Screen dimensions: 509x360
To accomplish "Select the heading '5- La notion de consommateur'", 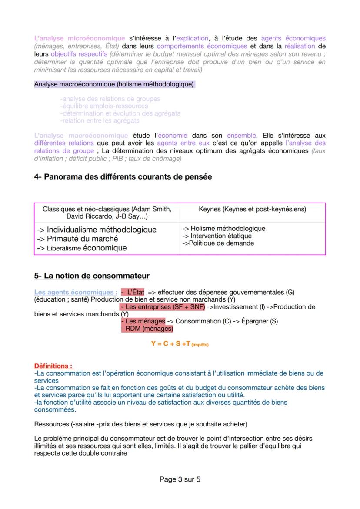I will coord(92,276).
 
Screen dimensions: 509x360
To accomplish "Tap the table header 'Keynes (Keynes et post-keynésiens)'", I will coord(252,209).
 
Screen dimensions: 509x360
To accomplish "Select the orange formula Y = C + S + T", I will coord(180,343).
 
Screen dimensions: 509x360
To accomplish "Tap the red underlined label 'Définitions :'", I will coord(53,366).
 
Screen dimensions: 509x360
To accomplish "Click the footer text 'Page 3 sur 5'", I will coord(180,480).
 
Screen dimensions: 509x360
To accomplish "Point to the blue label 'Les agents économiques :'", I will coord(76,292).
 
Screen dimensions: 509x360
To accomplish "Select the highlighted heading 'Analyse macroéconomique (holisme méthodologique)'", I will coord(114,84).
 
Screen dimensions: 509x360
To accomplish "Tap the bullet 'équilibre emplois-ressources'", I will coord(104,106).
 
